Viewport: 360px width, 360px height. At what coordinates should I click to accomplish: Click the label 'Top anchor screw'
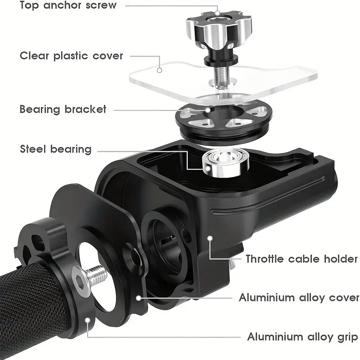68,5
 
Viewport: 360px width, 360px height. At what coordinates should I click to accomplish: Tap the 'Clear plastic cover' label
72,56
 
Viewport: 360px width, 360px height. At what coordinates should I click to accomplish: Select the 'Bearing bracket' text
63,109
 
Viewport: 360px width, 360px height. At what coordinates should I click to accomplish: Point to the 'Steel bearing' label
55,149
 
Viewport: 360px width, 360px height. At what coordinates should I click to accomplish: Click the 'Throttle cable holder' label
301,259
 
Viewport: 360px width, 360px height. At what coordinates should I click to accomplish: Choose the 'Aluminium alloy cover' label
299,297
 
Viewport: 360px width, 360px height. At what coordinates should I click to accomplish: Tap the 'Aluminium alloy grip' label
302,337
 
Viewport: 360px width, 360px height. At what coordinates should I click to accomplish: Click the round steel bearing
225,163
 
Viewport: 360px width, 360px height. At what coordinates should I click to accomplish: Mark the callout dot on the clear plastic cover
159,70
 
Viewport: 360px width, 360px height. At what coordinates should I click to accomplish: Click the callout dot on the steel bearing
208,168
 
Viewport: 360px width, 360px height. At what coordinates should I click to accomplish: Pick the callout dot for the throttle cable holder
209,238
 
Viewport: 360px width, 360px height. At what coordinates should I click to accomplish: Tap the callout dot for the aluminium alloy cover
138,298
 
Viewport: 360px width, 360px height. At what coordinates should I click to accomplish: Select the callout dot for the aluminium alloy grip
87,320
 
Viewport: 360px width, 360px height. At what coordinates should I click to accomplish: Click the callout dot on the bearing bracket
208,110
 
